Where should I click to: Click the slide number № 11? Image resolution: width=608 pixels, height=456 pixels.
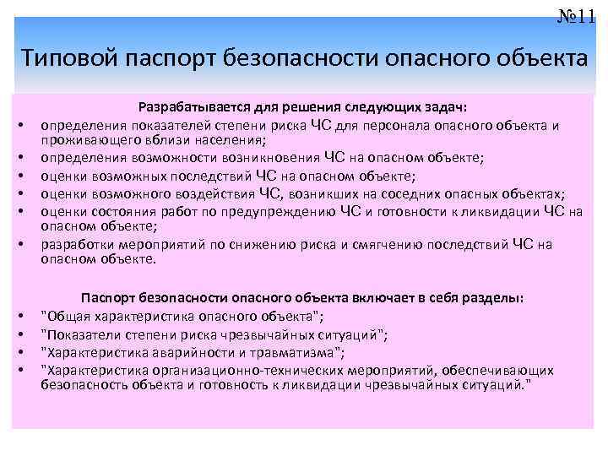[x=576, y=15]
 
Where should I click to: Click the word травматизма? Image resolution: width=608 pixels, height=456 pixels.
[x=292, y=352]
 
